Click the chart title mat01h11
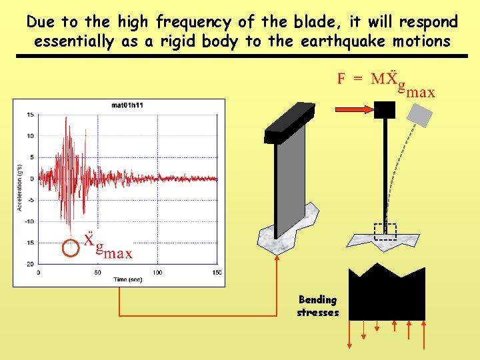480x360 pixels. point(128,105)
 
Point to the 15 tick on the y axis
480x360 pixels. point(31,115)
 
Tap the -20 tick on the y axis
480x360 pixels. point(29,264)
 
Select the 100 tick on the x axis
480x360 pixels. point(157,273)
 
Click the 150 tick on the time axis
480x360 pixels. point(216,273)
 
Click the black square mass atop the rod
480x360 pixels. point(385,110)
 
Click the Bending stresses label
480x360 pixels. point(318,306)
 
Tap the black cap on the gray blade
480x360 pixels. point(289,123)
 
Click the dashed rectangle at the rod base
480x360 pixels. point(385,231)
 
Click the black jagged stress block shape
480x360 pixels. point(387,293)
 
